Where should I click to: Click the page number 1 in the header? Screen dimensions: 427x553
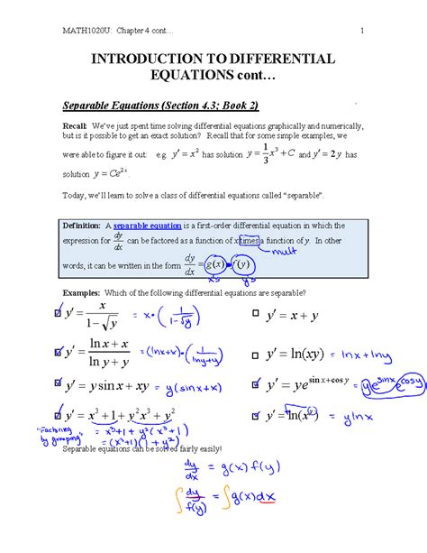(360, 32)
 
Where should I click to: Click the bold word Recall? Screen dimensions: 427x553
(73, 124)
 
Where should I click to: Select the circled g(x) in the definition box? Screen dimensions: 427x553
(213, 264)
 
